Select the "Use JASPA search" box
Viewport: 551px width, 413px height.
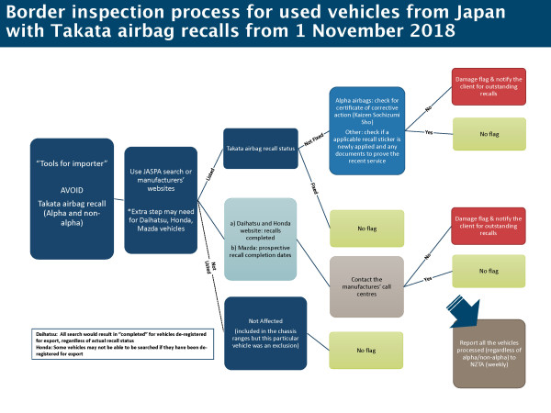point(161,199)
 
